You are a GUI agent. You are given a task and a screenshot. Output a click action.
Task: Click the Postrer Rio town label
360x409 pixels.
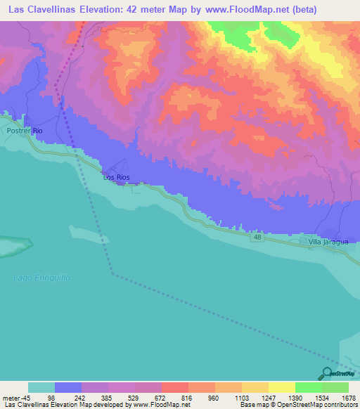25,131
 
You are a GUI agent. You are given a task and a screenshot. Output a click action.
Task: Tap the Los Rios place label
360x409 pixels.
117,178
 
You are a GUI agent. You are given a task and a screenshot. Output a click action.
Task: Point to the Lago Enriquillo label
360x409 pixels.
42,278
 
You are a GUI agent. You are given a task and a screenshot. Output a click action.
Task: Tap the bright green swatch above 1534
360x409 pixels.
309,387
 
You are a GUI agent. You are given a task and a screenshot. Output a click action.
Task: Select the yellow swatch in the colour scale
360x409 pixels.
282,387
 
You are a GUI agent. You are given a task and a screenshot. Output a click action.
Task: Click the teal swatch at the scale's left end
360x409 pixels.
41,387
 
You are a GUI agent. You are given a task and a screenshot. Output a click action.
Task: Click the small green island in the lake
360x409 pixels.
14,247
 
